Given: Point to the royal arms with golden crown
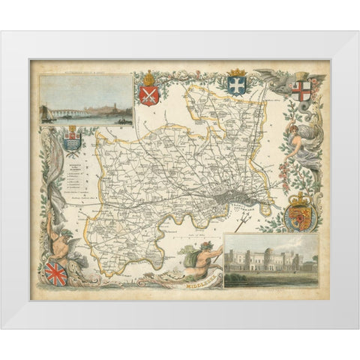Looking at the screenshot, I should pyautogui.click(x=300, y=216).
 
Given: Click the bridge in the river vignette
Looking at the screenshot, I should pyautogui.click(x=57, y=114).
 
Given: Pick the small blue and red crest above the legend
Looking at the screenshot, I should pyautogui.click(x=72, y=140).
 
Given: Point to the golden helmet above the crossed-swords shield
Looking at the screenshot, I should pyautogui.click(x=148, y=78).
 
